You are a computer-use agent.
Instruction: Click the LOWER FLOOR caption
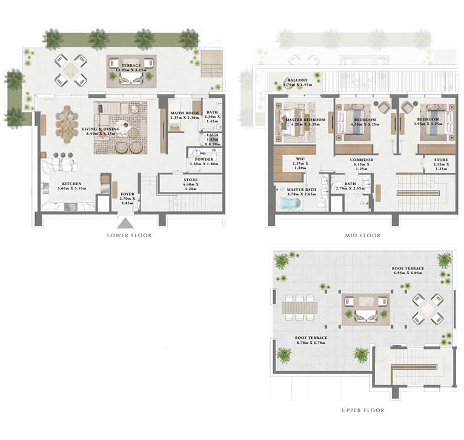[x=128, y=235]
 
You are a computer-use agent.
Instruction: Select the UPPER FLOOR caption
[x=363, y=410]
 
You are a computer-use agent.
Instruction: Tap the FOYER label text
[x=127, y=194]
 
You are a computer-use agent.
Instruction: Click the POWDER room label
[x=204, y=159]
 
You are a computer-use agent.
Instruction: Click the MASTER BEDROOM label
[x=306, y=120]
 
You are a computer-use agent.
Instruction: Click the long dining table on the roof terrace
[x=299, y=307]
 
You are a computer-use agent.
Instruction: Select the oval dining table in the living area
[x=67, y=124]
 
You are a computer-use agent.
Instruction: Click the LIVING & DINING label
[x=101, y=129]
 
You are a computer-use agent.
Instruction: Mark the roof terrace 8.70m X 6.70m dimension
[x=311, y=343]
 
